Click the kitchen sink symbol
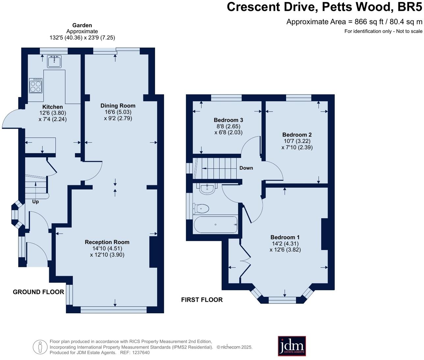(54, 61)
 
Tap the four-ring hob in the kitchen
(36, 86)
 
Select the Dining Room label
(118, 106)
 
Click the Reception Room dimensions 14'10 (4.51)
(107, 248)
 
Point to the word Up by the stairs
(35, 201)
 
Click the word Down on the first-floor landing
(246, 168)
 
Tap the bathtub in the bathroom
(216, 224)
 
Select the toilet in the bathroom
(201, 208)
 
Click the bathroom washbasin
(207, 189)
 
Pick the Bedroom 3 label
(228, 120)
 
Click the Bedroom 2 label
(297, 135)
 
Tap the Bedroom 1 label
(285, 237)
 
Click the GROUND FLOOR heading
(38, 292)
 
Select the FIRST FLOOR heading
(202, 300)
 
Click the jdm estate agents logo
(292, 346)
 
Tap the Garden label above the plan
(82, 25)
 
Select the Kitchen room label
(52, 107)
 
